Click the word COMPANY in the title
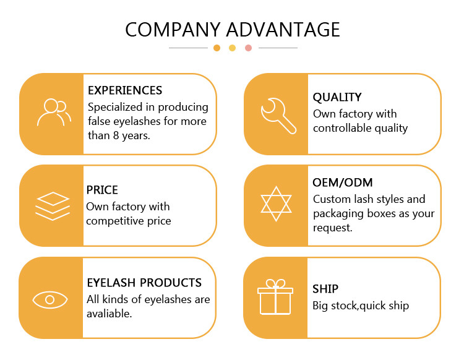coord(173,30)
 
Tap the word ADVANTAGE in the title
coord(283,30)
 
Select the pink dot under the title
coord(249,48)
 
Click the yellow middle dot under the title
coord(232,48)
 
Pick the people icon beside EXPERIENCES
coord(54,113)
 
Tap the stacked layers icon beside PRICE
coord(53,206)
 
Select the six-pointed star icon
coord(276,204)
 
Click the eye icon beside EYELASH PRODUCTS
coord(50,299)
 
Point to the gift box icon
coord(275,297)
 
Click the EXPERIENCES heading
coord(125,90)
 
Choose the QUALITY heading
coord(337,97)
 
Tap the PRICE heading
coord(102,190)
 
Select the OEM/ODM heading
coord(342,182)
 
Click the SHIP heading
coord(325,289)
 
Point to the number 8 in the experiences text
coord(116,135)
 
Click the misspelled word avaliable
coord(109,314)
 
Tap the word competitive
coord(115,221)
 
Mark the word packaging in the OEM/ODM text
coord(338,214)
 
